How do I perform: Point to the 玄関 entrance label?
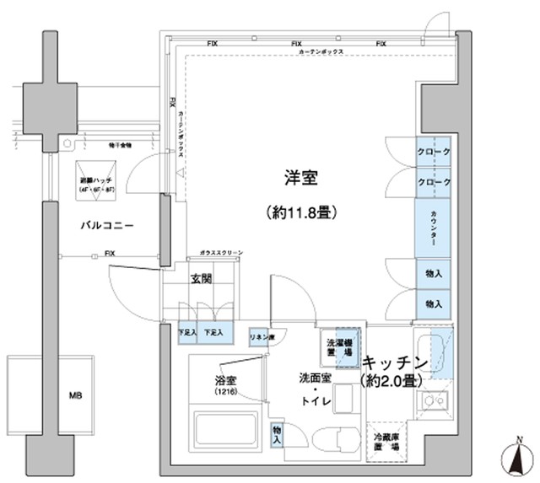click(x=201, y=279)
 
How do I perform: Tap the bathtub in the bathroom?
click(x=226, y=432)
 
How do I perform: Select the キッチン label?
click(x=397, y=362)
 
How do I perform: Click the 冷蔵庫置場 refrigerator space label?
click(x=388, y=443)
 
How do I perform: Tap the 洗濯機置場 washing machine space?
click(x=342, y=347)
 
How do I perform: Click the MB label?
click(x=77, y=394)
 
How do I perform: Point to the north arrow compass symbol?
click(x=519, y=459)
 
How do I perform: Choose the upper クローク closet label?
click(x=433, y=153)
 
